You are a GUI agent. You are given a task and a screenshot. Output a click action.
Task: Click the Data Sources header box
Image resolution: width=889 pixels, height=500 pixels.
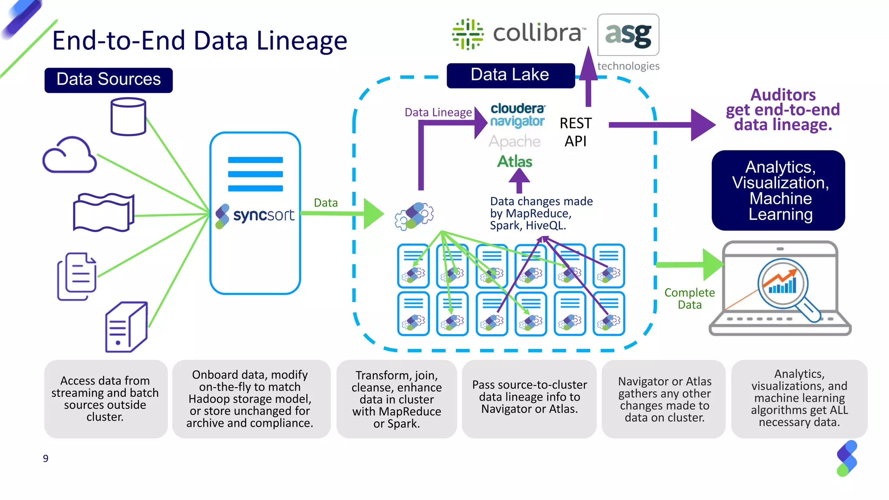(109, 80)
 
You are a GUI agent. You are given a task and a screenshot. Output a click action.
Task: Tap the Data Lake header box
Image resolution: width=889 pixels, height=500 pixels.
(510, 75)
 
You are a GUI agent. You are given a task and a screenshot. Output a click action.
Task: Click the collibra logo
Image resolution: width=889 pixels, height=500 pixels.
(519, 33)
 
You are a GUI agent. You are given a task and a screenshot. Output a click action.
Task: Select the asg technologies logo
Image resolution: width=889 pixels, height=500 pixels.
(628, 41)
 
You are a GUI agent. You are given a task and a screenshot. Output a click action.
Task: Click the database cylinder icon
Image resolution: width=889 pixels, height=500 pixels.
(128, 116)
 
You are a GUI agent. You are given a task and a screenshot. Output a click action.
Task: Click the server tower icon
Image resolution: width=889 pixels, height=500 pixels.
(126, 326)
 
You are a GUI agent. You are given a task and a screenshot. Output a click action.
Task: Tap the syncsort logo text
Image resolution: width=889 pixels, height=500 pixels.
(263, 215)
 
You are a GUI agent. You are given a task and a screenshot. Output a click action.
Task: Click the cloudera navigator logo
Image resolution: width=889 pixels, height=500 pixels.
(517, 115)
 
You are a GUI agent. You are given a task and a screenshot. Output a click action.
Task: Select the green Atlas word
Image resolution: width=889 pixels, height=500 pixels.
(514, 161)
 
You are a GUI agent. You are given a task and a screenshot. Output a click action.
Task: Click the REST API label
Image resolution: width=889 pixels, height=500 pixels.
(575, 132)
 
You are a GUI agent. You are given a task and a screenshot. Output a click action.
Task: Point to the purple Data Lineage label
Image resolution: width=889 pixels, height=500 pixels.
(438, 112)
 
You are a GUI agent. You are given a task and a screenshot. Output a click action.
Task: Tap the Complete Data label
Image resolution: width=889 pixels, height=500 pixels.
(689, 299)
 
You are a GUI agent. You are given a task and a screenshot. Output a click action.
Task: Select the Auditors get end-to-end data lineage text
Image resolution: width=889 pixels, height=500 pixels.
(783, 110)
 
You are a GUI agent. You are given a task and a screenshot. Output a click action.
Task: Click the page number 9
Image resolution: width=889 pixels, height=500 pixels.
(46, 458)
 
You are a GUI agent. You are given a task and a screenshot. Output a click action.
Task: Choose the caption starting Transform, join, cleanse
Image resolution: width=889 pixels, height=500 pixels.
(396, 399)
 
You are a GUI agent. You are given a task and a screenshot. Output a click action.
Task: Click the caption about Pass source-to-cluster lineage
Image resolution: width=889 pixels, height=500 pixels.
(529, 397)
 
